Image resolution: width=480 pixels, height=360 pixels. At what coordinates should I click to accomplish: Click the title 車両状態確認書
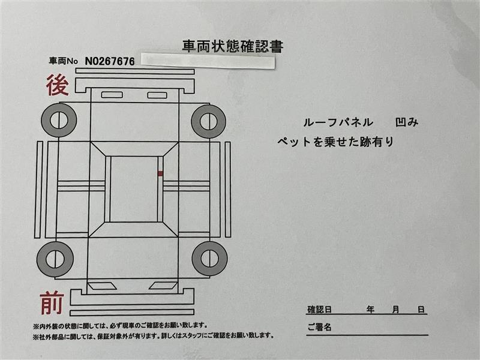[x=232, y=46]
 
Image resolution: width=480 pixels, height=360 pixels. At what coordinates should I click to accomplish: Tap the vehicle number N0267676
[x=109, y=61]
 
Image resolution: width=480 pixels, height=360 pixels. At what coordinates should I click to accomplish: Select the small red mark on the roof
[x=160, y=173]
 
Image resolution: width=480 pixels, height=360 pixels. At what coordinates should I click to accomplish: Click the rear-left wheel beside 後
[x=59, y=121]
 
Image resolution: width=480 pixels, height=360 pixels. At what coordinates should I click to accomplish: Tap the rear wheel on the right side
[x=208, y=121]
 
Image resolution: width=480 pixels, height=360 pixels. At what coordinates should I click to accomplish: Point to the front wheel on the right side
[x=209, y=258]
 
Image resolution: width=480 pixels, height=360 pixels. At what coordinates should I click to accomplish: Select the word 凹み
[x=407, y=122]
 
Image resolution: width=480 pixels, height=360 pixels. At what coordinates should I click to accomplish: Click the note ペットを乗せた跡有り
[x=335, y=142]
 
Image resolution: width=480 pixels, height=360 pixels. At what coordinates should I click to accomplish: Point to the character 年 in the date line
[x=371, y=310]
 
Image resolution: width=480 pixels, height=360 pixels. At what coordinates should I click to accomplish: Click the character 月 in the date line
[x=396, y=310]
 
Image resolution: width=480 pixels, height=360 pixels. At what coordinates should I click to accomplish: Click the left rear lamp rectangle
[x=112, y=95]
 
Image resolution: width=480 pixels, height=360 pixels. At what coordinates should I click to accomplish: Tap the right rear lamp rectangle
[x=157, y=95]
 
